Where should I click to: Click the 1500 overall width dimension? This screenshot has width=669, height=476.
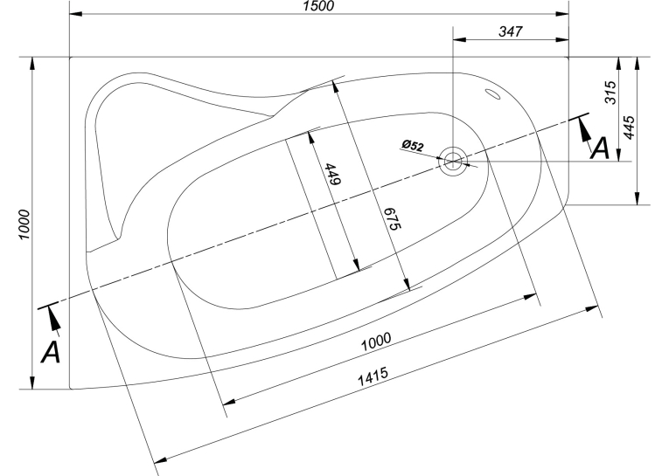click(x=318, y=6)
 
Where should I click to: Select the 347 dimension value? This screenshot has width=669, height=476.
click(x=511, y=31)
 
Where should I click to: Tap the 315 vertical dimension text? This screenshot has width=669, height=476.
click(x=610, y=92)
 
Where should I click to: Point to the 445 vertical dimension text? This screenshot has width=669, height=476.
click(x=630, y=127)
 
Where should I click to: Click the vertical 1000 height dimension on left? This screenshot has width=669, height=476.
click(x=24, y=224)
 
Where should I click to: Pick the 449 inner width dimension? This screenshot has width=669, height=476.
click(x=333, y=174)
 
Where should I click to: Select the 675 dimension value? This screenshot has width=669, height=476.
click(x=392, y=218)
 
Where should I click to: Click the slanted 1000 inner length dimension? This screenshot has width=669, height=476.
click(x=376, y=341)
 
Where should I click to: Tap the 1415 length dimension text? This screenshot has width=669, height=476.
click(x=373, y=376)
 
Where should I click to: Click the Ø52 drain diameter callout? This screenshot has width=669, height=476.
click(x=413, y=145)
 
